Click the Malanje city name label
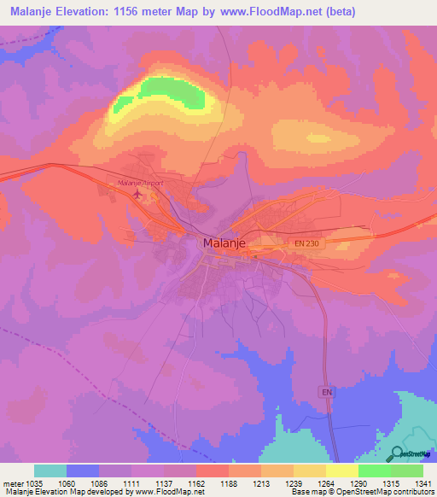tap(227, 243)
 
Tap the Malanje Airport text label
tap(140, 183)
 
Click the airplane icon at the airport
tap(137, 194)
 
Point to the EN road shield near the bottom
tap(326, 392)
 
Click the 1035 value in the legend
tap(33, 482)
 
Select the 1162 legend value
tap(196, 482)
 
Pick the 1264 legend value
tap(326, 482)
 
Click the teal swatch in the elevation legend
tap(50, 471)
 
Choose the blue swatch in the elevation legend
tap(83, 471)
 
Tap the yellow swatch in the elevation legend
tap(342, 471)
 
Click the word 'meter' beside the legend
tap(13, 482)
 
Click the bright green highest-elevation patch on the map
tap(162, 90)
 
